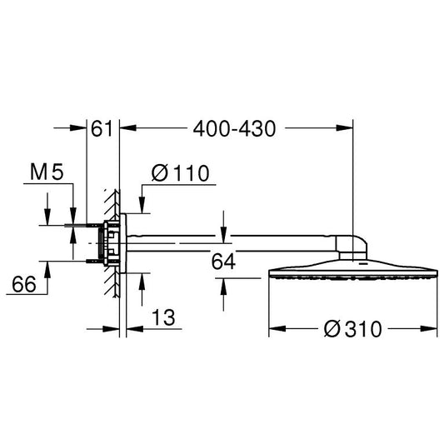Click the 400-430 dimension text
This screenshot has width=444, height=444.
[234, 129]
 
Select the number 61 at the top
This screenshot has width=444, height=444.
[102, 129]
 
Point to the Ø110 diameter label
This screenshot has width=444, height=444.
[181, 172]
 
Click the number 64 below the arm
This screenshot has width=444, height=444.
[223, 262]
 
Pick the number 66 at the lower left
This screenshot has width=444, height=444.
[24, 284]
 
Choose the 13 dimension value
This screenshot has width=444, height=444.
[163, 317]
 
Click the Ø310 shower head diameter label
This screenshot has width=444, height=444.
[353, 329]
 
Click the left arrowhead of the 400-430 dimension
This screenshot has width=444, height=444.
[128, 128]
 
